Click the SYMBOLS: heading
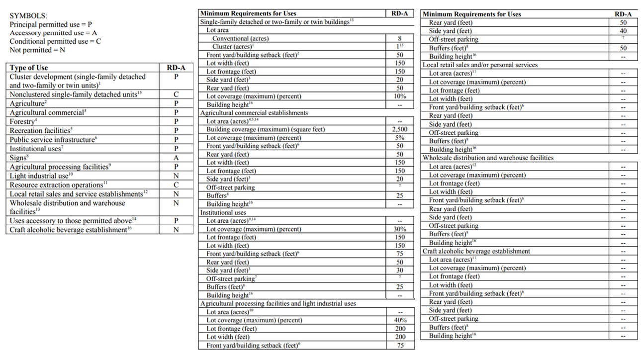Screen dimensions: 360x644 pyautogui.click(x=29, y=16)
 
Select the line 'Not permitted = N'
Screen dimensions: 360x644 pyautogui.click(x=38, y=50)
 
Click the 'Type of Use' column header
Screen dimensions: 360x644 pyautogui.click(x=29, y=68)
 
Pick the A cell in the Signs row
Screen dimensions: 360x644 pyautogui.click(x=176, y=158)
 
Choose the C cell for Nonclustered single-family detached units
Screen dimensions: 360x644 pyautogui.click(x=176, y=94)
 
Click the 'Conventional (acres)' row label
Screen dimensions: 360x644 pyautogui.click(x=238, y=38)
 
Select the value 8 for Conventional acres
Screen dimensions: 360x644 pyautogui.click(x=399, y=38)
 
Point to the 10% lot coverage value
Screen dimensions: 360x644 pyautogui.click(x=399, y=96)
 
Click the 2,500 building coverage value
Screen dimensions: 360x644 pyautogui.click(x=399, y=129)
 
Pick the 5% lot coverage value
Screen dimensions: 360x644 pyautogui.click(x=399, y=138)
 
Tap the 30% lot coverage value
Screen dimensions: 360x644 pyautogui.click(x=399, y=229)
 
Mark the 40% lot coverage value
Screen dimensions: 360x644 pyautogui.click(x=399, y=320)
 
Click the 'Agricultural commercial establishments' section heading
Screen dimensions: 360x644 pyautogui.click(x=254, y=113)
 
